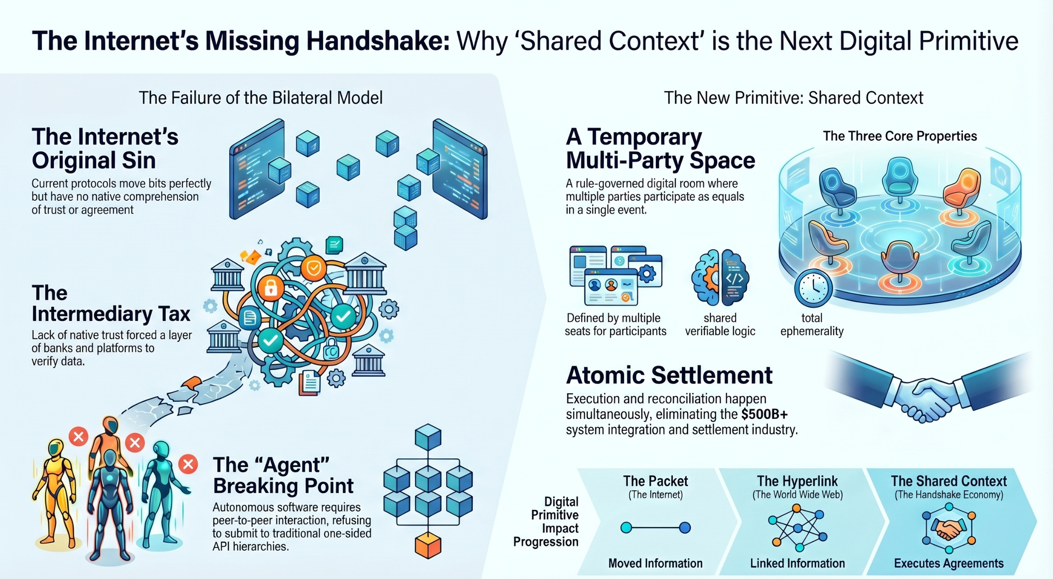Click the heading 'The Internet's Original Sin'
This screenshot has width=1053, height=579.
tap(105, 148)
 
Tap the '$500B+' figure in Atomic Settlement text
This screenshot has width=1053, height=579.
tap(764, 414)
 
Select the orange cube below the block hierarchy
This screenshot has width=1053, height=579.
tap(428, 545)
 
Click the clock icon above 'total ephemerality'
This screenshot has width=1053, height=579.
tap(813, 288)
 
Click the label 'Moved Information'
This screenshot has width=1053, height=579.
tap(655, 563)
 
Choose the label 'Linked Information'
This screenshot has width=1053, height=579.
tap(798, 563)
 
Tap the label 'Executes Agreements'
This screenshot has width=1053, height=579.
tap(949, 563)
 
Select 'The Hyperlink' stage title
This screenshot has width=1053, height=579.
tap(798, 481)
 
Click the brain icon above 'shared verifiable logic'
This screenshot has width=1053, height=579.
tap(720, 278)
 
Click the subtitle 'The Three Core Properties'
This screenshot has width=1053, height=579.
tap(900, 136)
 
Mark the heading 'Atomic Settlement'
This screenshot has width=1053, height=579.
tap(669, 375)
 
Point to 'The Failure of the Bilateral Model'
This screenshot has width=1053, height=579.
tap(261, 98)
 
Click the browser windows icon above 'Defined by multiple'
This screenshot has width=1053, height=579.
tap(615, 275)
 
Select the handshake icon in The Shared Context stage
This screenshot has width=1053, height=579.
tap(949, 528)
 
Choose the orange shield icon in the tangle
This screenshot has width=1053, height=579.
tap(314, 268)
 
